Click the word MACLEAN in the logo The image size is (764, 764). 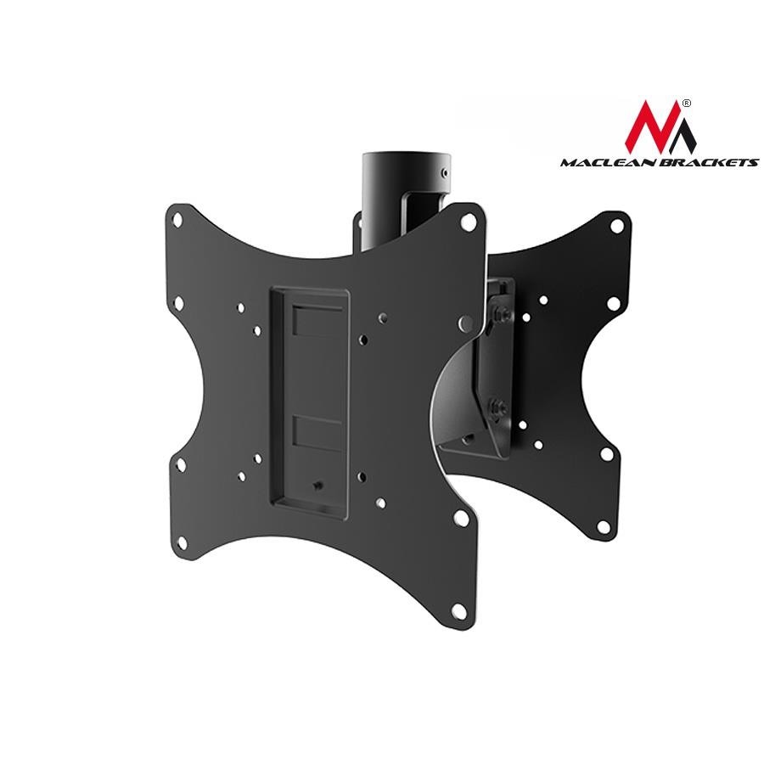point(608,162)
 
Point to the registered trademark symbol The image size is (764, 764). point(687,104)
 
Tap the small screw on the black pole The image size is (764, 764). point(443,172)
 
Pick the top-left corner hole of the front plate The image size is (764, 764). point(177,219)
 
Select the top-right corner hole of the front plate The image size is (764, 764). point(469,222)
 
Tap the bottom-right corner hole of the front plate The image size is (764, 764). point(458,610)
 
